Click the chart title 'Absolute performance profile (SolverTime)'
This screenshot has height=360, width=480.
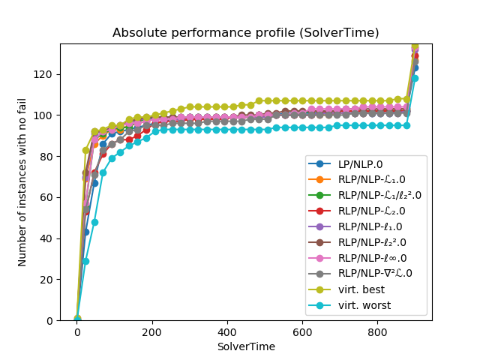click(x=245, y=33)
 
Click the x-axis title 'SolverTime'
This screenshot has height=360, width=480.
click(x=245, y=346)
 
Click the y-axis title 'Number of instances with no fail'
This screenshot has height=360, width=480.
click(x=22, y=182)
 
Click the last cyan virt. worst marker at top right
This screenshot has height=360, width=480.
click(x=415, y=78)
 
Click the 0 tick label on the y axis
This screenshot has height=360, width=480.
click(x=49, y=320)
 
